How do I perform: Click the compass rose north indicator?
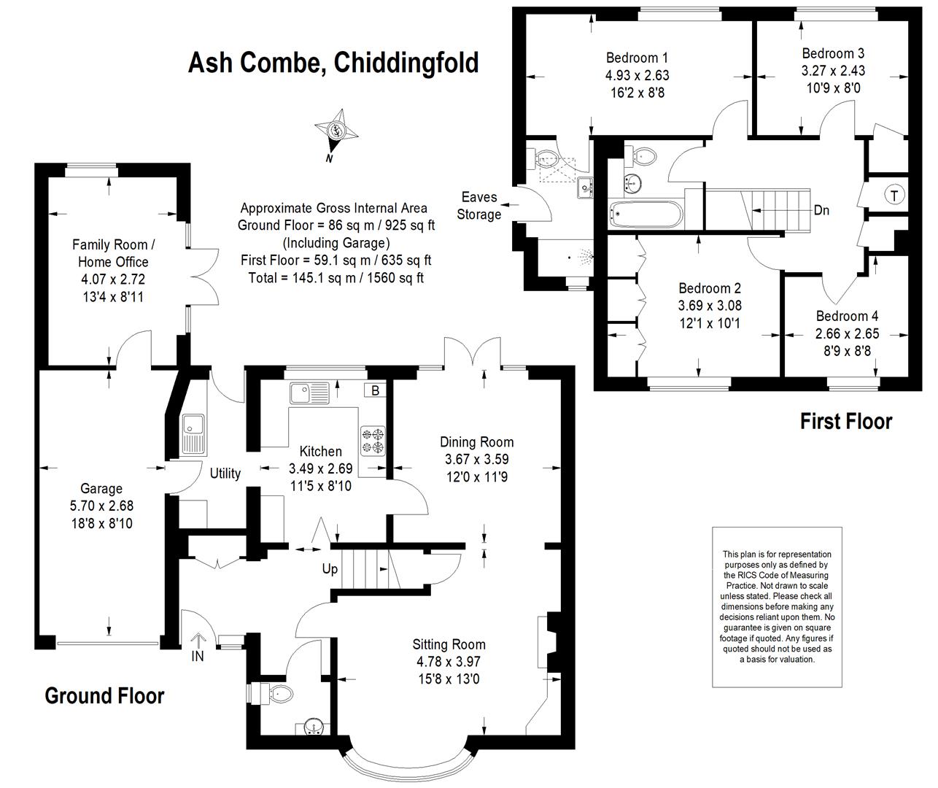click(x=336, y=132)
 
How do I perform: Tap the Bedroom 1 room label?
click(x=637, y=58)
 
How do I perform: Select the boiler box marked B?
click(x=375, y=390)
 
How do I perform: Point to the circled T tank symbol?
click(x=894, y=196)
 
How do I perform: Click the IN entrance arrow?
click(x=198, y=647)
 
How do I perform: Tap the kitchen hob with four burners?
click(x=373, y=441)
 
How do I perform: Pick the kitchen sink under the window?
click(x=309, y=393)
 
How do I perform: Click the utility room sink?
click(x=193, y=434)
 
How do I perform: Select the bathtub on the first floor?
click(x=646, y=215)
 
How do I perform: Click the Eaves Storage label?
click(x=479, y=206)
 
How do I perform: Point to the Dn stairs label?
click(x=821, y=210)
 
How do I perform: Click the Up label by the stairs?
click(x=330, y=569)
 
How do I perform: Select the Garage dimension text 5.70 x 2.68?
click(x=101, y=506)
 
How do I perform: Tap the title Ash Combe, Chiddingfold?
click(x=333, y=63)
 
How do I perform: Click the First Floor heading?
click(x=846, y=421)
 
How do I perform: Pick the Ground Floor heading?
click(x=104, y=696)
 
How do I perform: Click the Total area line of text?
click(x=336, y=278)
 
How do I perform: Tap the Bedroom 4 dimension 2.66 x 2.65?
click(x=847, y=333)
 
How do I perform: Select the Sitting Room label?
click(x=449, y=644)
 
